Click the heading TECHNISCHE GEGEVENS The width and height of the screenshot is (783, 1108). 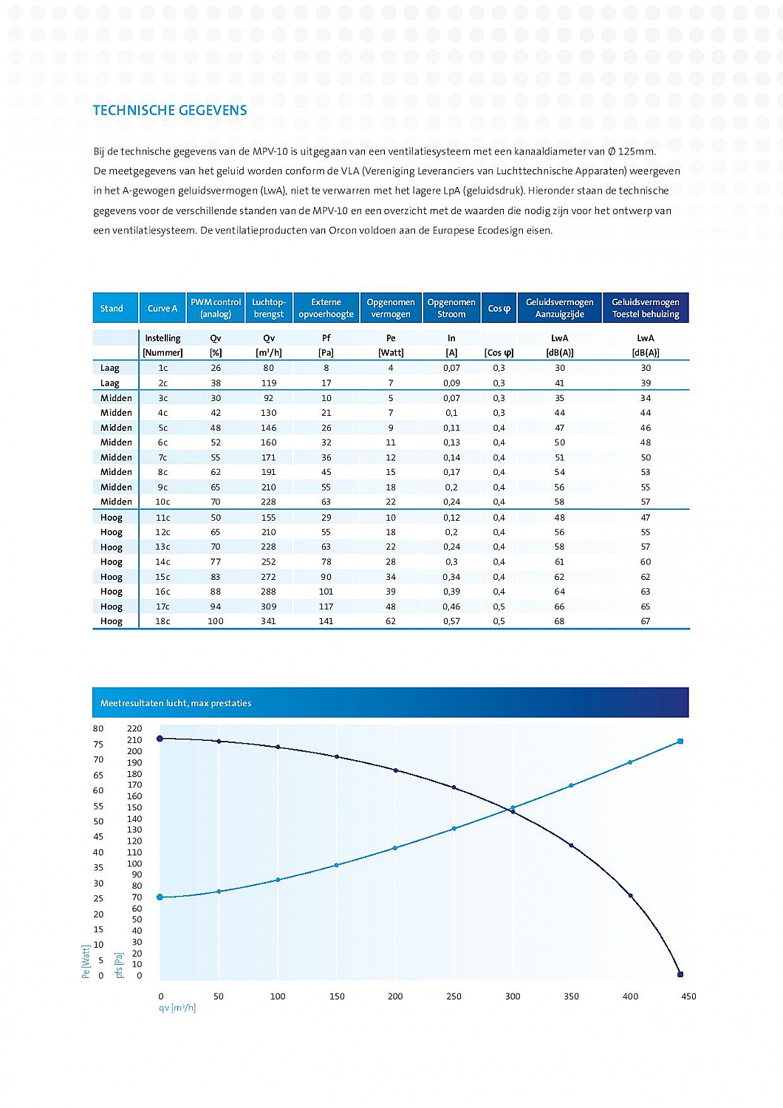pyautogui.click(x=170, y=111)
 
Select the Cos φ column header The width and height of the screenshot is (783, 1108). pyautogui.click(x=499, y=308)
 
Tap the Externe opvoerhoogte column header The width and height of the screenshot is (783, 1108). pyautogui.click(x=326, y=308)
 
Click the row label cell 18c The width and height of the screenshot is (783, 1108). pyautogui.click(x=163, y=621)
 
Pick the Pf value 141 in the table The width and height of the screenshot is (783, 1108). pyautogui.click(x=326, y=621)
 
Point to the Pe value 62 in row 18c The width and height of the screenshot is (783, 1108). pyautogui.click(x=391, y=621)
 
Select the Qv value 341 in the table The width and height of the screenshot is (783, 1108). pyautogui.click(x=268, y=621)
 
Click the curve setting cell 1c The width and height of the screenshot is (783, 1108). pyautogui.click(x=163, y=368)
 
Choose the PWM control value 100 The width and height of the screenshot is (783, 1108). pyautogui.click(x=215, y=621)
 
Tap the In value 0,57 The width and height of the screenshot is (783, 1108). pyautogui.click(x=451, y=621)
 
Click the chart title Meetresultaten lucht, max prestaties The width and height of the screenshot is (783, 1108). pyautogui.click(x=176, y=703)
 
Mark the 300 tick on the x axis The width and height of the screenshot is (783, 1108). pyautogui.click(x=513, y=996)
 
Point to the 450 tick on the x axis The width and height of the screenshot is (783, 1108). pyautogui.click(x=688, y=996)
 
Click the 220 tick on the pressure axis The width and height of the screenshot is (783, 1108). pyautogui.click(x=134, y=729)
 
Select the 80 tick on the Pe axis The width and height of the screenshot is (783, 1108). pyautogui.click(x=98, y=729)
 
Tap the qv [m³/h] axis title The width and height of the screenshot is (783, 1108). pyautogui.click(x=177, y=1008)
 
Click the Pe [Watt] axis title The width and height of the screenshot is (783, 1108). pyautogui.click(x=86, y=962)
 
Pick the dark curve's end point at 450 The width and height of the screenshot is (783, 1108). pyautogui.click(x=680, y=974)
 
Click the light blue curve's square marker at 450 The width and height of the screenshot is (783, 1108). pyautogui.click(x=680, y=741)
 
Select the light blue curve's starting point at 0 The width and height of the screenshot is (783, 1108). pyautogui.click(x=160, y=897)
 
